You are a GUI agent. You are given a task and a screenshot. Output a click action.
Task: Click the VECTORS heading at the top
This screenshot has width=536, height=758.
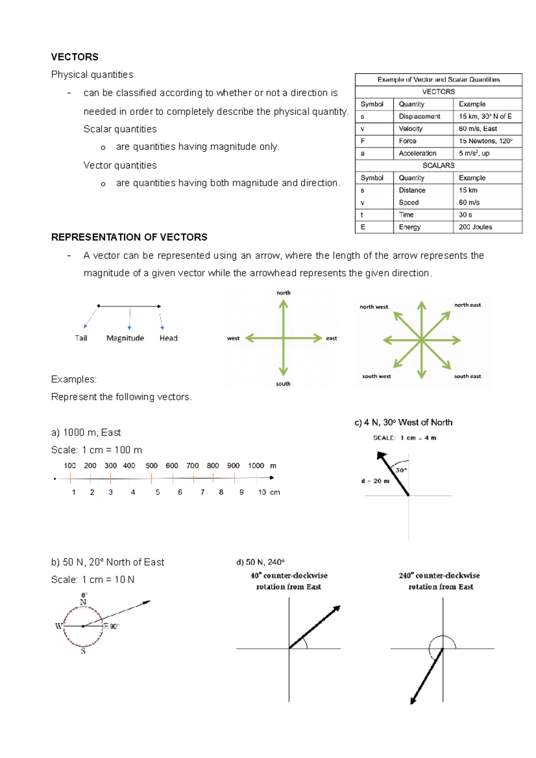coord(75,57)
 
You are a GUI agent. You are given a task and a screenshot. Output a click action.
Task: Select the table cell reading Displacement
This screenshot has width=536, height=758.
coord(419,117)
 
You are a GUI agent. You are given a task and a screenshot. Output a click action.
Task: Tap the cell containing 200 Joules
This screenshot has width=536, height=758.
coord(475,227)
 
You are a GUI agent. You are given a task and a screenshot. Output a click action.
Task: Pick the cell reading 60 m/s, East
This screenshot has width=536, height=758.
coord(477,129)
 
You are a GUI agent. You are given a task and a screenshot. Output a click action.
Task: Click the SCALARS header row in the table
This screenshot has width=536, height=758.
coord(438,166)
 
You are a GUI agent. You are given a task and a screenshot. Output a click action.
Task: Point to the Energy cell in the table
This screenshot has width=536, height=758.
coord(410,227)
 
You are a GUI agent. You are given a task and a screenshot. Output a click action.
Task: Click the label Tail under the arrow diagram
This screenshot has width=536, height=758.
coord(81,338)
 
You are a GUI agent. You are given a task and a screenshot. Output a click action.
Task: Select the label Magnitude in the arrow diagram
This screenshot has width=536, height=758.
coord(125,338)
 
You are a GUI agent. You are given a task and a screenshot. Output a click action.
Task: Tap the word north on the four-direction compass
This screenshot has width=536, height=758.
coord(283,293)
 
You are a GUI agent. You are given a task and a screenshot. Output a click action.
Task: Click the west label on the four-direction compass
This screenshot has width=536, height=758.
coord(233,338)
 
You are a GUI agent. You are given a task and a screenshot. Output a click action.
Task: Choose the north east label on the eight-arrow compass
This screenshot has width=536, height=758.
coord(467,305)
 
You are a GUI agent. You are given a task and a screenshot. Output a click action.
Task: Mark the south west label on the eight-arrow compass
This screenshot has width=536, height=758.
coord(376,376)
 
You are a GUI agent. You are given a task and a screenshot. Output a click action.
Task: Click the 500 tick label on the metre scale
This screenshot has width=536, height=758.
coord(151,466)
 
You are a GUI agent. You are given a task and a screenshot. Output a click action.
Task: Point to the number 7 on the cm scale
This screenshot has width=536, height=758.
coord(202,492)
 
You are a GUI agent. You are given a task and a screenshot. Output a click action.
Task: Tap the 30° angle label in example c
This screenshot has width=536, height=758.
coord(401,470)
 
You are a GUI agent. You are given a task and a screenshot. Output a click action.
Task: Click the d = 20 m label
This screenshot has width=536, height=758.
coord(375,481)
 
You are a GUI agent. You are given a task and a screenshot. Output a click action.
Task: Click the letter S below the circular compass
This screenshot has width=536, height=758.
coord(83,651)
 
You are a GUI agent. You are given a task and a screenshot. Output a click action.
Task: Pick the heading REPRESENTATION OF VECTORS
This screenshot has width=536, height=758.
coord(129,237)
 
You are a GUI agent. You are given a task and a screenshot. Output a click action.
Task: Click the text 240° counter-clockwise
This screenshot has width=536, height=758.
coord(439,576)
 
